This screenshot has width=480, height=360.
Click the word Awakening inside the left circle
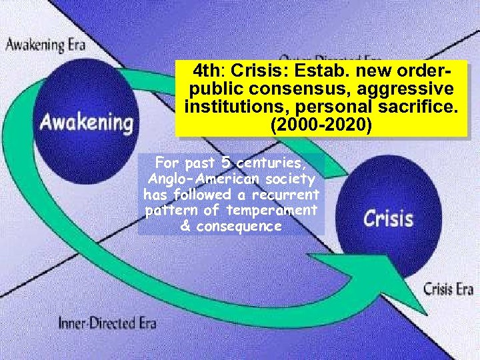point(85,123)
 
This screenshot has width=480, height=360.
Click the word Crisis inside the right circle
point(388,218)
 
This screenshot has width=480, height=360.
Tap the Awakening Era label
point(46,45)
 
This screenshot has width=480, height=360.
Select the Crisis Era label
point(448,289)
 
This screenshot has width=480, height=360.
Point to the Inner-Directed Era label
point(107,323)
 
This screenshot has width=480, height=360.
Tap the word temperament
point(271,211)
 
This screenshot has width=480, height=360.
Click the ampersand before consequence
point(186,226)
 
